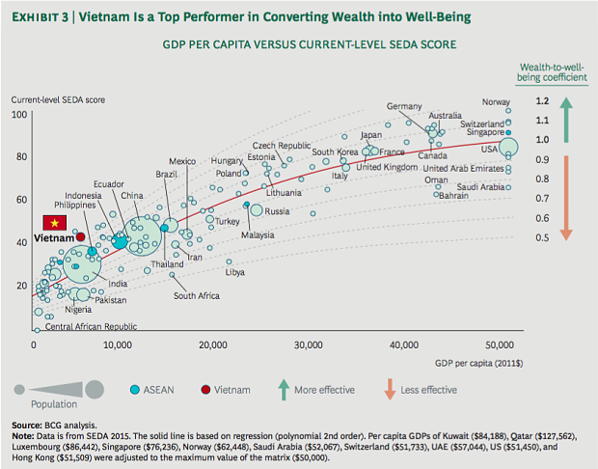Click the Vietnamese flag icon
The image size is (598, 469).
tap(44, 221)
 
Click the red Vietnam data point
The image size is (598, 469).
tap(80, 236)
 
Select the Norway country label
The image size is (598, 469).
tap(496, 103)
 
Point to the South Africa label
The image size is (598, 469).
tap(198, 295)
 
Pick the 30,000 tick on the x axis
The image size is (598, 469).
tap(308, 345)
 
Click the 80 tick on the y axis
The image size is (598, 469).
tap(20, 156)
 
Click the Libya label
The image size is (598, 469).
tap(234, 273)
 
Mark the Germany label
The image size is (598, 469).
tap(404, 106)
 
